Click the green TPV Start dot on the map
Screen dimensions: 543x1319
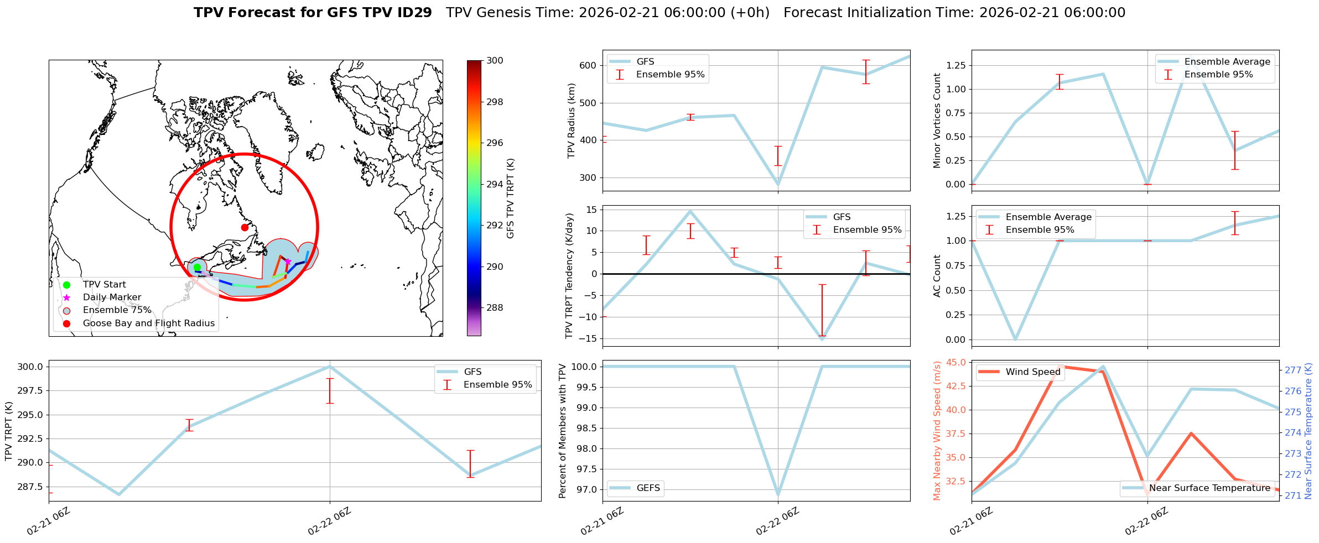[x=197, y=268]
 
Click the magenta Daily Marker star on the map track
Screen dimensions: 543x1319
[x=288, y=262]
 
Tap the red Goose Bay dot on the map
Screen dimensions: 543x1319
[x=245, y=227]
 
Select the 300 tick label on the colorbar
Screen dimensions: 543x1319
[x=495, y=61]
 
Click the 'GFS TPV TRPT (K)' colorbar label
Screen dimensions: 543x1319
[x=510, y=199]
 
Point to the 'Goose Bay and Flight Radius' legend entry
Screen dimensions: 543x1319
[x=148, y=323]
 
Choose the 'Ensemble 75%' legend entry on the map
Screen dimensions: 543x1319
[x=117, y=310]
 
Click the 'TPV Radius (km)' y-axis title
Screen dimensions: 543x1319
[x=572, y=121]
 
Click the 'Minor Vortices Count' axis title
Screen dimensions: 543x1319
[x=937, y=121]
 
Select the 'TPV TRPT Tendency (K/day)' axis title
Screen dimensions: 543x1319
[x=569, y=276]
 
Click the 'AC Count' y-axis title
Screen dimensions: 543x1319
[x=937, y=276]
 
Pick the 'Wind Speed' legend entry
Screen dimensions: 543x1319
[x=1032, y=372]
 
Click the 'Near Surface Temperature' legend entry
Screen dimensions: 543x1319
[x=1209, y=488]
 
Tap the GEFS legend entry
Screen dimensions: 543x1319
[x=648, y=488]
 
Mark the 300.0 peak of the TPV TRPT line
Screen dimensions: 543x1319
[x=330, y=367]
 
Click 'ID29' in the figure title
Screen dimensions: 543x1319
[x=413, y=13]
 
